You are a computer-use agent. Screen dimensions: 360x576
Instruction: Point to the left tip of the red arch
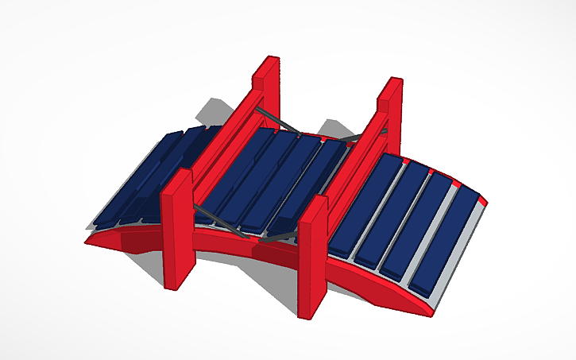(90, 238)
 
